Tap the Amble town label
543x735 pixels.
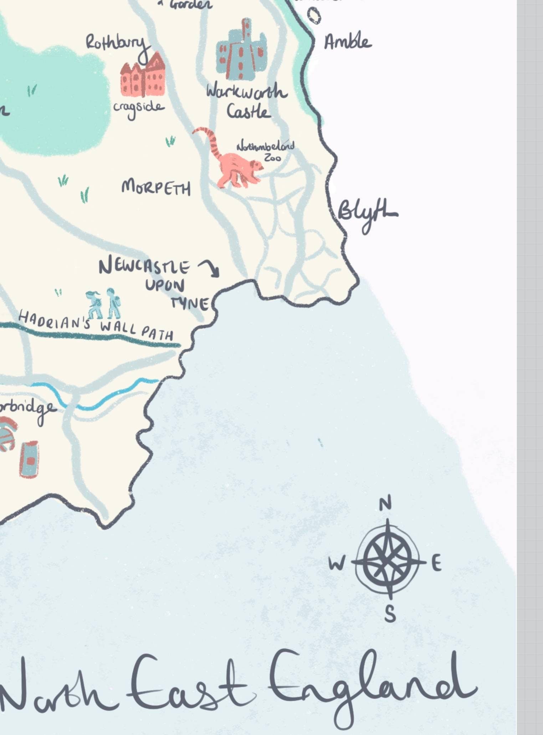[x=348, y=42]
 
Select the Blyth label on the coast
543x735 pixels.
[x=365, y=214]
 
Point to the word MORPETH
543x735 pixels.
[x=156, y=187]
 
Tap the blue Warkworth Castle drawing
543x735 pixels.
[x=241, y=52]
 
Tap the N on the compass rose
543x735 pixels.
[x=385, y=504]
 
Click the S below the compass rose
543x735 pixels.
[x=390, y=614]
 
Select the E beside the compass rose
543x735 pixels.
[x=436, y=564]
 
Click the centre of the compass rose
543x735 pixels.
[x=388, y=561]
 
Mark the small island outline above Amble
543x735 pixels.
[x=314, y=16]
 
